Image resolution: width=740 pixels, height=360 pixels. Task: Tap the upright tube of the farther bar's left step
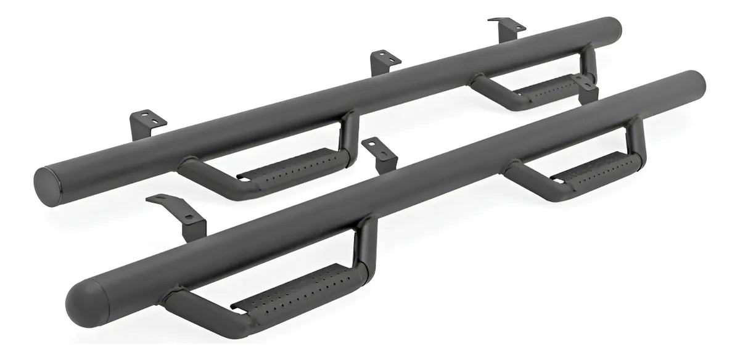(350, 133)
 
